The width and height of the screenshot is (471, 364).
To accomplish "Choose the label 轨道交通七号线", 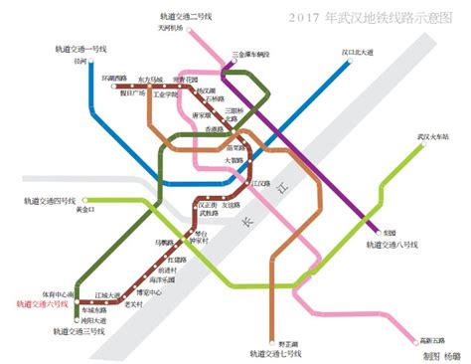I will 274,350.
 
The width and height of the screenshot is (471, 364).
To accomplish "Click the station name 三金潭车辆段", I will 250,56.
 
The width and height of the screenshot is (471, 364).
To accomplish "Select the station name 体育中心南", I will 56,294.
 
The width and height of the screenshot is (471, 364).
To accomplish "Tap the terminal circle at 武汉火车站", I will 424,145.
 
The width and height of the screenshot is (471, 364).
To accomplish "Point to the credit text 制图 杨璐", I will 438,354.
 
